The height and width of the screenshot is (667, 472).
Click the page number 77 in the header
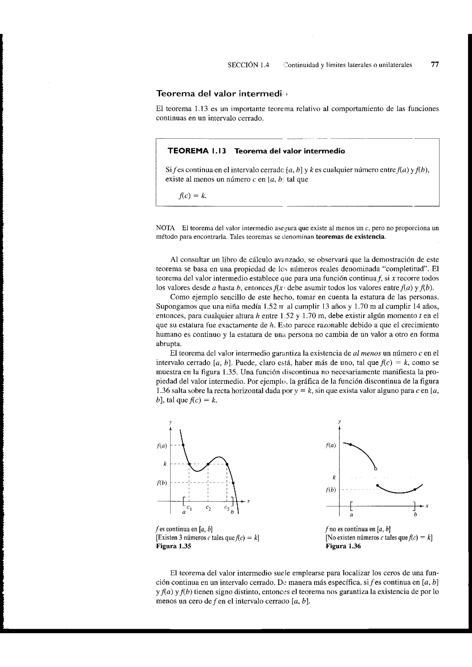pyautogui.click(x=434, y=64)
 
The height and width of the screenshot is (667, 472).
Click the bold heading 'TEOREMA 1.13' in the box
pyautogui.click(x=197, y=151)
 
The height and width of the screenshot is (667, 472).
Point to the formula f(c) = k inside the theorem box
pyautogui.click(x=192, y=196)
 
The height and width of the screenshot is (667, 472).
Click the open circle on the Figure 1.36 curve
pyautogui.click(x=375, y=469)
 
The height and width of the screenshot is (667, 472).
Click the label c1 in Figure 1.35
pyautogui.click(x=189, y=507)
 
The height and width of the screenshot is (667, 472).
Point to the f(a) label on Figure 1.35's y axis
pyautogui.click(x=162, y=446)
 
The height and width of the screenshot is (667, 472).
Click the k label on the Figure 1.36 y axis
pyautogui.click(x=334, y=477)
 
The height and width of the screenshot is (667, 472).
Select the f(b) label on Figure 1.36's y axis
pyautogui.click(x=331, y=490)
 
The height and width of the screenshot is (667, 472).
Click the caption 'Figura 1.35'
pyautogui.click(x=174, y=546)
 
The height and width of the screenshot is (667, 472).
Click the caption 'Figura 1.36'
pyautogui.click(x=343, y=546)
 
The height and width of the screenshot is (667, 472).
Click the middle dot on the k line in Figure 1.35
pyautogui.click(x=208, y=464)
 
